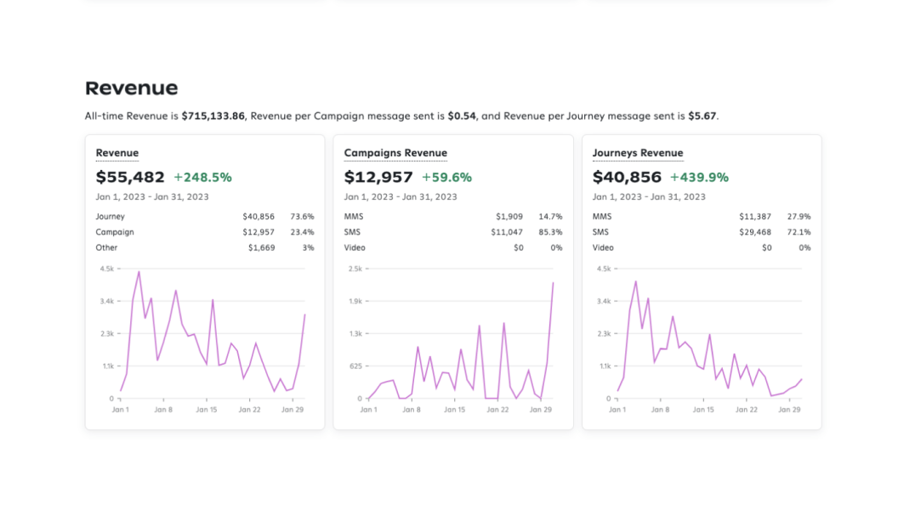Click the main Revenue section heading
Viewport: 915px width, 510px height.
tap(132, 88)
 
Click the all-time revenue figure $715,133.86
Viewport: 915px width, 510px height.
tap(213, 116)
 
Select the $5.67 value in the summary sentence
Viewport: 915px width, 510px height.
tap(702, 116)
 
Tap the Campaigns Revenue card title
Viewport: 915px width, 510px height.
tap(395, 153)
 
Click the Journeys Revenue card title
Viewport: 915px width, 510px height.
tap(638, 153)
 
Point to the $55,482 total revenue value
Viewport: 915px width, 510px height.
tap(130, 177)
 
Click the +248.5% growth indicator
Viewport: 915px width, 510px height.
tap(202, 178)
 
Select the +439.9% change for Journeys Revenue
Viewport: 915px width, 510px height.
tap(699, 178)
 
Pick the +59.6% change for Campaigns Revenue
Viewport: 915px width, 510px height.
tap(446, 178)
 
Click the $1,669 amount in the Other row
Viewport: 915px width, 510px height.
tap(260, 247)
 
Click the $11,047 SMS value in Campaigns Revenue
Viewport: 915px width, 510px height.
tap(507, 232)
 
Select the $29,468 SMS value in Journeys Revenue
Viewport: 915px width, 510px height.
tap(755, 232)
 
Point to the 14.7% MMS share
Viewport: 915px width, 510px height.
tap(550, 217)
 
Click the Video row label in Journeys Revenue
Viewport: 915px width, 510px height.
tap(602, 247)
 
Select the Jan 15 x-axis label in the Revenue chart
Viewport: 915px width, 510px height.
tap(207, 409)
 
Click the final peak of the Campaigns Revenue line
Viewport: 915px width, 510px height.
tap(553, 283)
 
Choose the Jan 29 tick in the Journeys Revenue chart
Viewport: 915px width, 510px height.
tap(789, 409)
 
